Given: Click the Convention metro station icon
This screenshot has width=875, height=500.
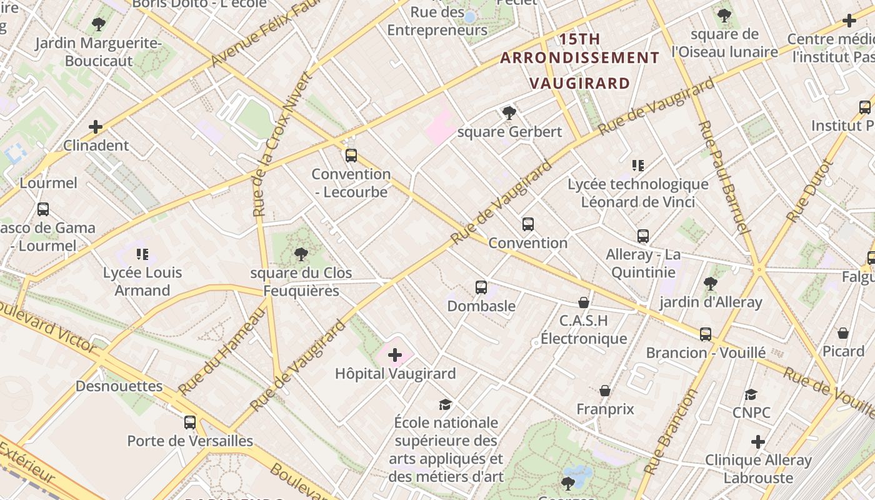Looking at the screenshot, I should pyautogui.click(x=528, y=224).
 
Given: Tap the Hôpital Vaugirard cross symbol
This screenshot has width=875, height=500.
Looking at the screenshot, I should pyautogui.click(x=395, y=356).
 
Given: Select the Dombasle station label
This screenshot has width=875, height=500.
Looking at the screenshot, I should pyautogui.click(x=481, y=306).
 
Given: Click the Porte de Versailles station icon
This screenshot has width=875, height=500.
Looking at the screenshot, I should pyautogui.click(x=190, y=422).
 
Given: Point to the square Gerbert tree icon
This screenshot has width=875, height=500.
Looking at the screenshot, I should pyautogui.click(x=509, y=113).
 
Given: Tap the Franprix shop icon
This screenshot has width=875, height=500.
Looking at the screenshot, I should pyautogui.click(x=605, y=391).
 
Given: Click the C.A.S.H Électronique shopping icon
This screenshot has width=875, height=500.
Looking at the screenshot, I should pyautogui.click(x=584, y=303).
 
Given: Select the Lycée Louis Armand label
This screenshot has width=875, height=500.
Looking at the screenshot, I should pyautogui.click(x=142, y=281).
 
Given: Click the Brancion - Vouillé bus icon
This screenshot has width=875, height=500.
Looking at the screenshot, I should pyautogui.click(x=706, y=334).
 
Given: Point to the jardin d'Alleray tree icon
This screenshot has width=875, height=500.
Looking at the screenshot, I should pyautogui.click(x=711, y=284).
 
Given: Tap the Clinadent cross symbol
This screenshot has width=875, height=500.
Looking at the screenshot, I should pyautogui.click(x=96, y=127).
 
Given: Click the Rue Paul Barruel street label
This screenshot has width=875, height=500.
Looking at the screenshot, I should pyautogui.click(x=723, y=177).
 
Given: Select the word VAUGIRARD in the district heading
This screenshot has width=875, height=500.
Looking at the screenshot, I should pyautogui.click(x=580, y=83).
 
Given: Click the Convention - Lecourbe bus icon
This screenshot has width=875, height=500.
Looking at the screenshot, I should pyautogui.click(x=351, y=156).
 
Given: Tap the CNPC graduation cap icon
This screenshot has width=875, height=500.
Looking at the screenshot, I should pyautogui.click(x=751, y=395).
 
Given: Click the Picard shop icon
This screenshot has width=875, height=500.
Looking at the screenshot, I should pyautogui.click(x=843, y=333).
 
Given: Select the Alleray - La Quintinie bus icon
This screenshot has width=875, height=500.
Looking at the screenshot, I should pyautogui.click(x=643, y=236).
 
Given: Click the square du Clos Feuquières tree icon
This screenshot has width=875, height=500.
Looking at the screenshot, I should pyautogui.click(x=301, y=254).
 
